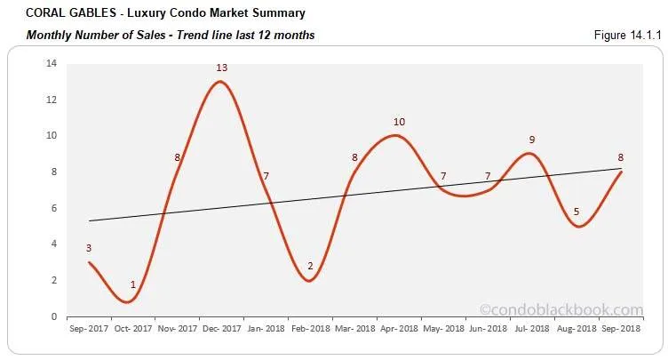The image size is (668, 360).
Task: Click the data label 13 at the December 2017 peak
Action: pos(220,68)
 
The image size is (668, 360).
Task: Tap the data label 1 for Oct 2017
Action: pos(133,284)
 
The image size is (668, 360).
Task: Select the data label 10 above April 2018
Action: pos(399,122)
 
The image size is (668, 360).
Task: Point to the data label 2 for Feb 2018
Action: pos(310,266)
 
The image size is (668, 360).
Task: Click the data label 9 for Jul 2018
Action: pos(531,140)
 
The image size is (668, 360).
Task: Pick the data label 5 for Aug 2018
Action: pos(577,212)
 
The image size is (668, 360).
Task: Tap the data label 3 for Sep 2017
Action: pos(88,248)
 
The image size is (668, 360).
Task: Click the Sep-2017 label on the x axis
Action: pos(89,329)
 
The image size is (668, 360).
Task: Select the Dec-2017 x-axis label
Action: pos(221,329)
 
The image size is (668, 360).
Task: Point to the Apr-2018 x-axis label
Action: pos(399,329)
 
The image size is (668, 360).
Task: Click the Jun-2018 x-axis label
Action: pos(488,329)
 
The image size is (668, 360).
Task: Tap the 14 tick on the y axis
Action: pos(52,63)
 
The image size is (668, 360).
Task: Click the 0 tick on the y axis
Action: pos(53,316)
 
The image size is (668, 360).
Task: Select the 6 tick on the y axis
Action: pos(53,208)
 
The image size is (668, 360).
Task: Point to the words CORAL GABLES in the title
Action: pos(61,13)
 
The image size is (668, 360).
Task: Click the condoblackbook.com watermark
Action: pos(561,309)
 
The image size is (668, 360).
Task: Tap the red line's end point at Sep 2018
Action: pos(620,172)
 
